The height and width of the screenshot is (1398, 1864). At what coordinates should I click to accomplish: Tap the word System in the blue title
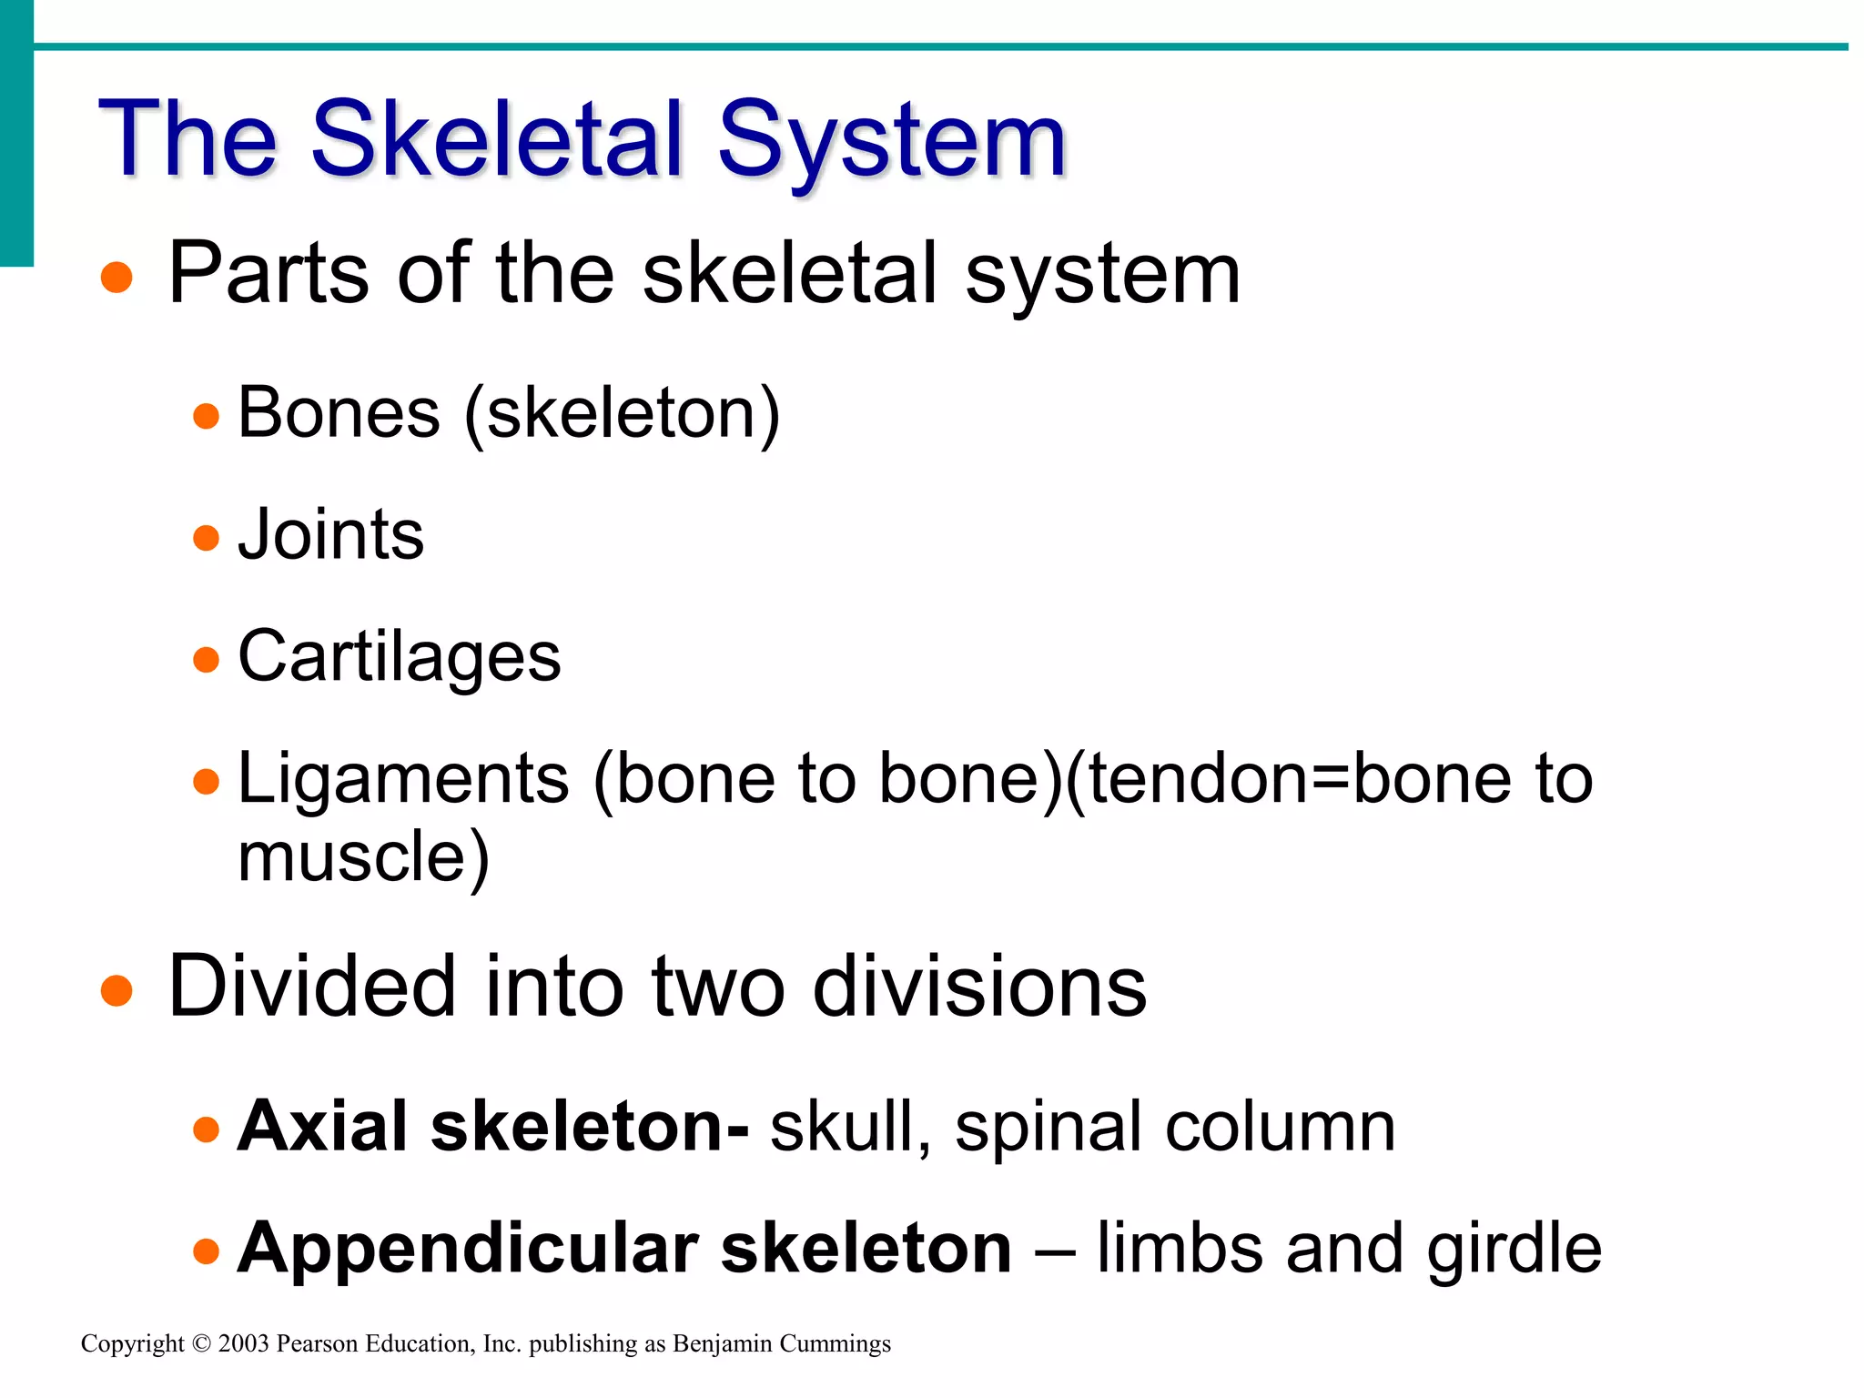892,141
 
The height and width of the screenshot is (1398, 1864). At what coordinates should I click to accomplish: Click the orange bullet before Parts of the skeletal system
116,278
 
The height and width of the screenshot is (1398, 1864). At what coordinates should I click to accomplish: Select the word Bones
339,413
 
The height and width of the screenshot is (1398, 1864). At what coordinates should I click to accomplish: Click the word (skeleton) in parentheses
623,415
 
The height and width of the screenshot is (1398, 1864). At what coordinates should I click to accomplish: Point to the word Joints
330,534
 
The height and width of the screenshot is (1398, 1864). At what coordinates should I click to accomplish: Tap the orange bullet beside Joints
207,537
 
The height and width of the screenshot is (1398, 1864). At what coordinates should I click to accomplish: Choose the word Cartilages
399,657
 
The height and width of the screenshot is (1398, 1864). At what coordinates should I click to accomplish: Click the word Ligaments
403,779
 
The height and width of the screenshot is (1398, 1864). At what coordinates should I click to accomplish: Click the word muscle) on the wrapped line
363,857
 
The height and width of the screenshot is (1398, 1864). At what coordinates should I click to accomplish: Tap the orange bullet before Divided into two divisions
116,990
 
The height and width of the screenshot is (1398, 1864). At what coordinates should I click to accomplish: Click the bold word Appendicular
467,1249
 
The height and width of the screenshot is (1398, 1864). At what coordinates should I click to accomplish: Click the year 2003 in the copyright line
243,1343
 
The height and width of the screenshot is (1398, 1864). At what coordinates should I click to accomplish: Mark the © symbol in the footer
201,1343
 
